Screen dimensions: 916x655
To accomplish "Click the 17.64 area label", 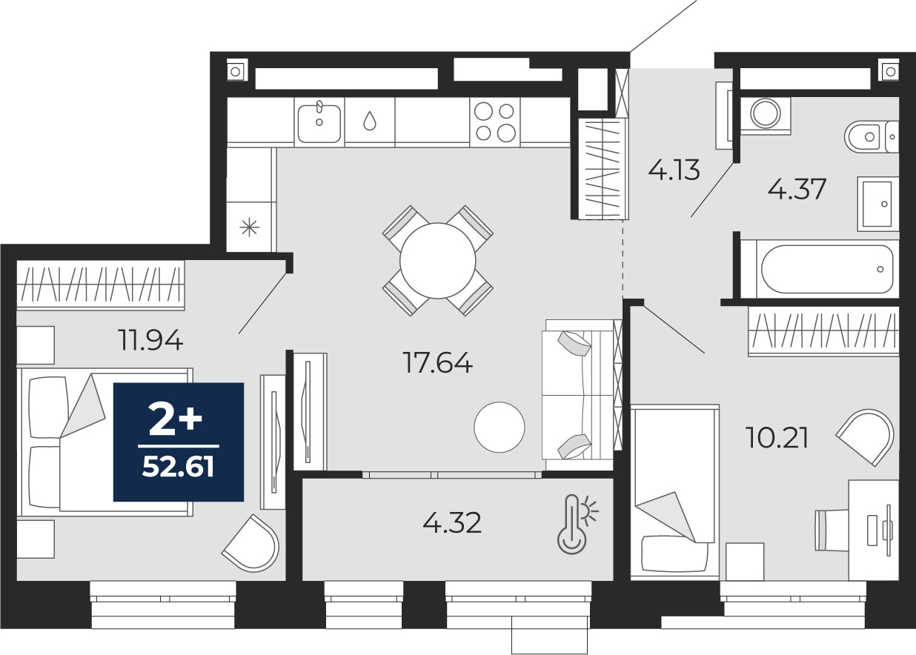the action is pyautogui.click(x=437, y=362).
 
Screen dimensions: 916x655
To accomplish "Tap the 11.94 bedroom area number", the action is pyautogui.click(x=150, y=340).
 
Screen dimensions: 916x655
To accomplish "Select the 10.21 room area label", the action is pyautogui.click(x=777, y=437).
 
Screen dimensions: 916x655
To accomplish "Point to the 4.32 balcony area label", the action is pyautogui.click(x=452, y=523).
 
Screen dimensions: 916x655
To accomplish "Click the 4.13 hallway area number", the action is pyautogui.click(x=674, y=170).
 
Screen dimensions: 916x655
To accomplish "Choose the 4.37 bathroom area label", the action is pyautogui.click(x=797, y=189).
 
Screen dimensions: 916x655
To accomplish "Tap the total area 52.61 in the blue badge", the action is pyautogui.click(x=179, y=468).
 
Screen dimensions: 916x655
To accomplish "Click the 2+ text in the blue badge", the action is pyautogui.click(x=176, y=419).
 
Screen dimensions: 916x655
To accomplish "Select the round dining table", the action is pyautogui.click(x=437, y=261).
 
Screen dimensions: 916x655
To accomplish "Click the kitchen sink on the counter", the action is pyautogui.click(x=319, y=122).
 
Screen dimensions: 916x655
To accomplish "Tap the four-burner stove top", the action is pyautogui.click(x=495, y=122).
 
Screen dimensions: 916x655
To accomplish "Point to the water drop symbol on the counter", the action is pyautogui.click(x=370, y=121).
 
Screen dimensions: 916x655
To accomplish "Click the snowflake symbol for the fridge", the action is pyautogui.click(x=250, y=227).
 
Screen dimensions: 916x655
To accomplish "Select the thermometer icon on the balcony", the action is pyautogui.click(x=574, y=525).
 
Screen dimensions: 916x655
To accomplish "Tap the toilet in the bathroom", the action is pyautogui.click(x=871, y=136).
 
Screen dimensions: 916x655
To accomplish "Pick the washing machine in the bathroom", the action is pyautogui.click(x=766, y=116).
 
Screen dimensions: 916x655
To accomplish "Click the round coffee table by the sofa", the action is pyautogui.click(x=500, y=428).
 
